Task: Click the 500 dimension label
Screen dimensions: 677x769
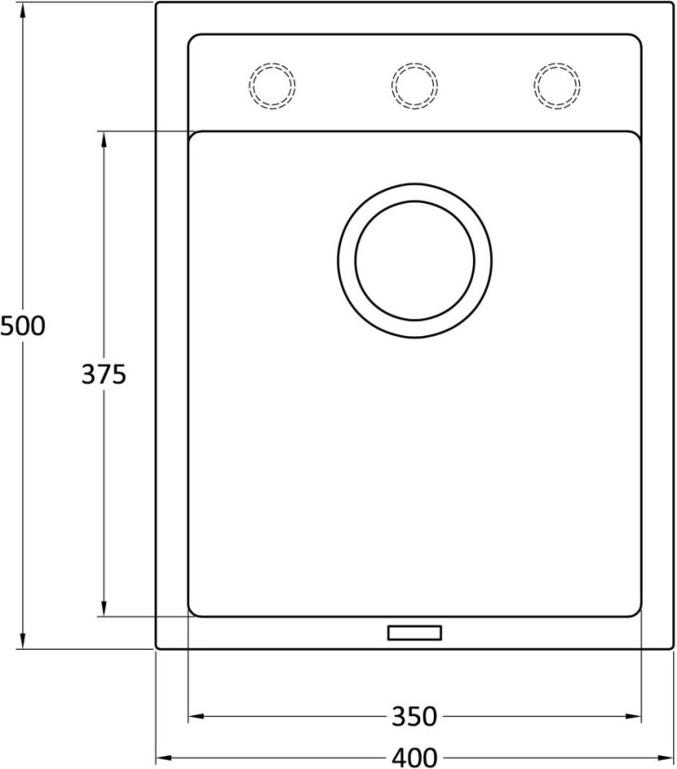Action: [22, 326]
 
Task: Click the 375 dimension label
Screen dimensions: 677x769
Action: [103, 374]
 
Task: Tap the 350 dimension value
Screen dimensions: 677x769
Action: [414, 717]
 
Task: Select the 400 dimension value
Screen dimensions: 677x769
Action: [414, 757]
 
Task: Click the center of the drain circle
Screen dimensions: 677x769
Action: [414, 261]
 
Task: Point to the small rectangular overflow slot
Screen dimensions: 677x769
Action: [414, 633]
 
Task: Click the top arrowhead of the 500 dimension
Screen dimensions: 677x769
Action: [22, 11]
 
